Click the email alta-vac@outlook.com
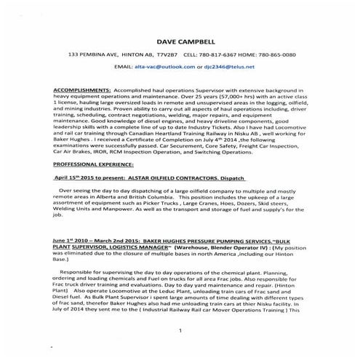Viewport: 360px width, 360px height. pos(160,65)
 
